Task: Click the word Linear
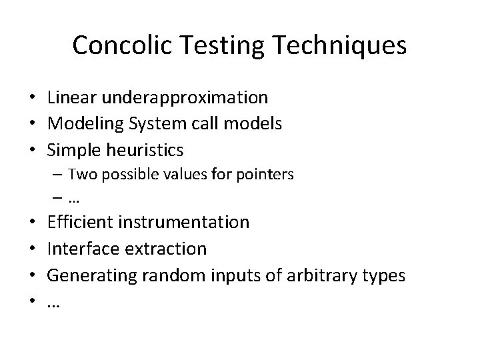pos(72,98)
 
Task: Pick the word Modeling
pos(83,123)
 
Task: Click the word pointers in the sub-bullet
pos(267,175)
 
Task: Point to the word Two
pos(81,175)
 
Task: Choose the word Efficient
pos(81,222)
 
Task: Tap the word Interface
pos(81,248)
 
